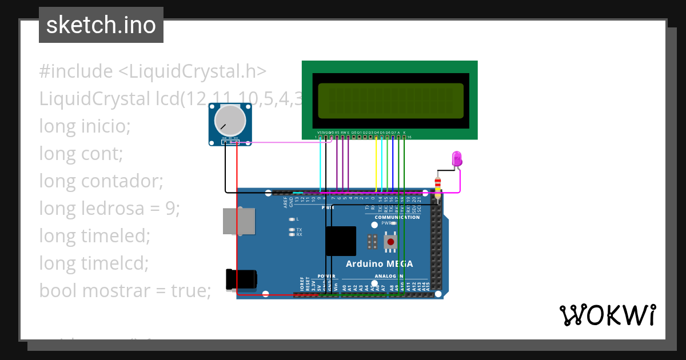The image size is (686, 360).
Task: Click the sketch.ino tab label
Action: pyautogui.click(x=101, y=25)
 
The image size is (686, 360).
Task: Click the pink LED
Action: pyautogui.click(x=456, y=158)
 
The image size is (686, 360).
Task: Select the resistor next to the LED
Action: pyautogui.click(x=438, y=185)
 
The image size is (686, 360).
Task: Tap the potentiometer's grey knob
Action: pyautogui.click(x=229, y=121)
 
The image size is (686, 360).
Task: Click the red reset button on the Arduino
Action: pyautogui.click(x=390, y=242)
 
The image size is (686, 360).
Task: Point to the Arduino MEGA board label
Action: pyautogui.click(x=379, y=264)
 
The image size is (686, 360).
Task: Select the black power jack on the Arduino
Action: pyautogui.click(x=241, y=279)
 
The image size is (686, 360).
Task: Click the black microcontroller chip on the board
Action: pyautogui.click(x=341, y=241)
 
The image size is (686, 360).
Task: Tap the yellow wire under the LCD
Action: pyautogui.click(x=376, y=166)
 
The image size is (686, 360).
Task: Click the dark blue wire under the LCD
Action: pyautogui.click(x=393, y=166)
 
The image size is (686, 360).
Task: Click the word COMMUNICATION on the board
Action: pyautogui.click(x=397, y=217)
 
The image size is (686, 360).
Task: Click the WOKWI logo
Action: pyautogui.click(x=607, y=314)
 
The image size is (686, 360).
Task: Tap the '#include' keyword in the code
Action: pyautogui.click(x=76, y=71)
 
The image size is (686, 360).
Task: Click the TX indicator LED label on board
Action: pyautogui.click(x=299, y=230)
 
